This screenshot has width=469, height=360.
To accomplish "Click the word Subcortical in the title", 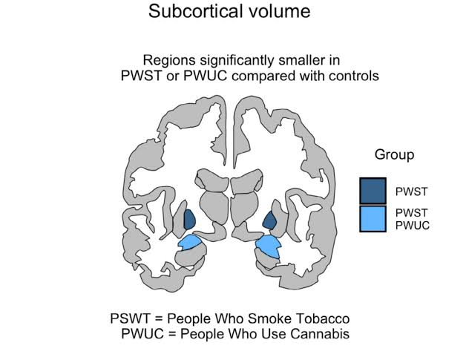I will tap(189, 12).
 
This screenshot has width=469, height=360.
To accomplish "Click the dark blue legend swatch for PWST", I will tap(373, 191).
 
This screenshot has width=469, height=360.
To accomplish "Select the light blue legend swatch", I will tap(373, 218).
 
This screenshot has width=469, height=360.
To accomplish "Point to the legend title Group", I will tap(394, 155).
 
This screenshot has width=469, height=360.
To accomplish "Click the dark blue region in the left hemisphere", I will tap(188, 220).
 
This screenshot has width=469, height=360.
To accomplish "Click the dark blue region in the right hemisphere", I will tap(270, 220).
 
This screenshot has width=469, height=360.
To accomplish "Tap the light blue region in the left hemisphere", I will tap(189, 242).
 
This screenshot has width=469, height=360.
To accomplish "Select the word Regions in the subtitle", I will tap(168, 60).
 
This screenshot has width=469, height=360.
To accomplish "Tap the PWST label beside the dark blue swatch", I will tap(412, 191).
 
